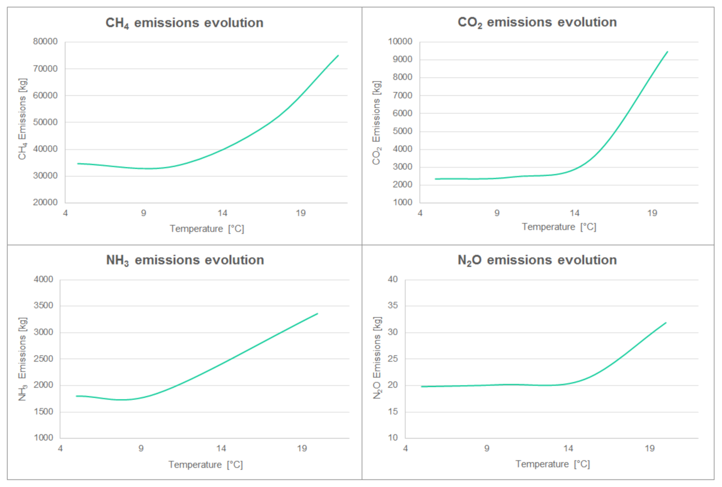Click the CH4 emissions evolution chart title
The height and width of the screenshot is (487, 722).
point(184,23)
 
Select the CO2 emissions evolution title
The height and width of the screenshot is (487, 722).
point(537,22)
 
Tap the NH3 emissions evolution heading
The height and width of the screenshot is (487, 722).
point(185,260)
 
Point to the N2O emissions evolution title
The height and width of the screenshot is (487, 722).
point(537,260)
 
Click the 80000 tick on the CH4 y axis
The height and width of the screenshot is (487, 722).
point(45,42)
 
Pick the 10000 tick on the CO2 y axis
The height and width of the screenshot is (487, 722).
point(400,42)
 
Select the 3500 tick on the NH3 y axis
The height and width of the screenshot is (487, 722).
point(43,306)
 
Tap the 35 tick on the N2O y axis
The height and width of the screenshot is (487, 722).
point(392,306)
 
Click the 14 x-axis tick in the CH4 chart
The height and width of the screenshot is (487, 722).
point(222,213)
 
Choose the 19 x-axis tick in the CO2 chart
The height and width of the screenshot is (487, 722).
point(652,213)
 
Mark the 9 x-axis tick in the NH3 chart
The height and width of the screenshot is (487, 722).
point(141,449)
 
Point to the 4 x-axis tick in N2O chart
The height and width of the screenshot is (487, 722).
point(405,449)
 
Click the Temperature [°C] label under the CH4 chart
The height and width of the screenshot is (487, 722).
point(207,229)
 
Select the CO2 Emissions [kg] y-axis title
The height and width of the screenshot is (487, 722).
point(376,123)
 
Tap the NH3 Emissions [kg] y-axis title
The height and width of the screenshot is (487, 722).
point(22,359)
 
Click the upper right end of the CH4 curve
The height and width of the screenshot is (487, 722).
point(338,56)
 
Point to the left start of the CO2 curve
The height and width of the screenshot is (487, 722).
point(436,179)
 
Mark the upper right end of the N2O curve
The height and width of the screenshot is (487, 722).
point(665,323)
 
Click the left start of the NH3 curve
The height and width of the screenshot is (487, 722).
point(77,396)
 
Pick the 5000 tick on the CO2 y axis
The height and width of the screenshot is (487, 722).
point(402,131)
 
